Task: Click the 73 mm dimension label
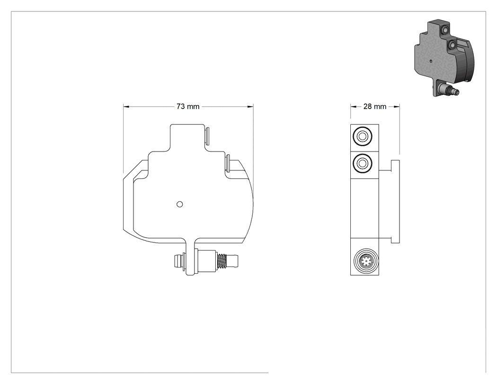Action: pos(188,107)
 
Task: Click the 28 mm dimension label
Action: pos(375,107)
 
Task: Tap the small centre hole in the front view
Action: pos(180,204)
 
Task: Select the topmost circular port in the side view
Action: pos(362,137)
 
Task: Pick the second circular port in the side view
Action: pos(362,164)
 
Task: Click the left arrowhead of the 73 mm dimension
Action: pos(126,107)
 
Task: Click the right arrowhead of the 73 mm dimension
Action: pos(250,107)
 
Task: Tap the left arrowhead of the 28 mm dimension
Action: pos(354,107)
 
